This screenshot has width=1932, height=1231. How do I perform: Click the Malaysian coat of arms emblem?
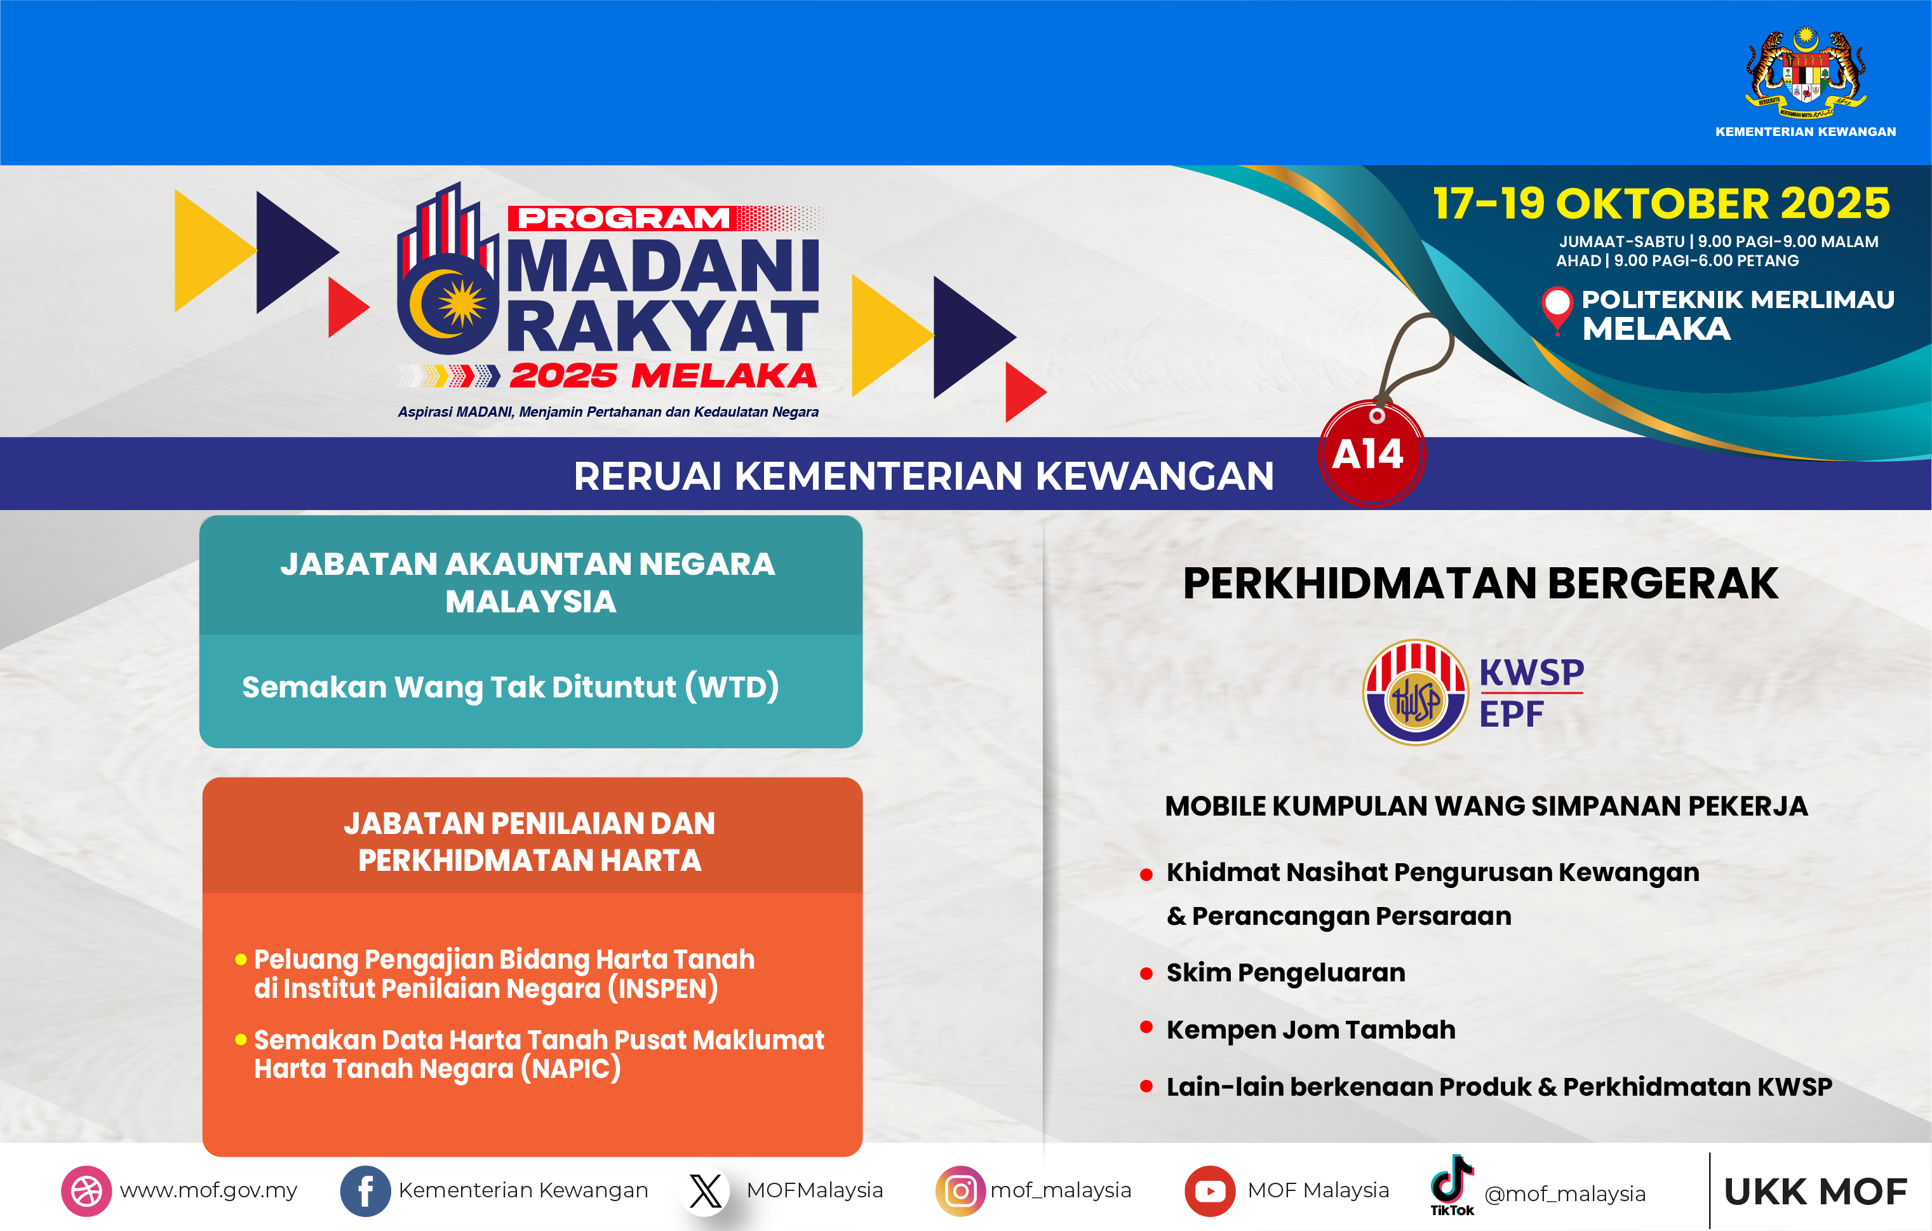[x=1805, y=74]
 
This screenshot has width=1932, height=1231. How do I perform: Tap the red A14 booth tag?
[x=1371, y=454]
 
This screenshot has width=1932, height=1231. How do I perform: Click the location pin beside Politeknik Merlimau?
[x=1557, y=307]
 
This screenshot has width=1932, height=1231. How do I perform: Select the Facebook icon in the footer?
[x=365, y=1190]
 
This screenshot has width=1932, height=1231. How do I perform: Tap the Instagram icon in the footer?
[x=960, y=1190]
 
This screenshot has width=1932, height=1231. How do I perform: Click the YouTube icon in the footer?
[x=1209, y=1190]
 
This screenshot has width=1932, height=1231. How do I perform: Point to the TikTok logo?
[x=1451, y=1183]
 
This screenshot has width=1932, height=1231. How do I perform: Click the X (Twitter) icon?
[x=705, y=1190]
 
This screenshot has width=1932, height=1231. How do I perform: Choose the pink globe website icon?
[x=86, y=1190]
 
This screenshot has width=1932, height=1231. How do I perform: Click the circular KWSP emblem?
[x=1414, y=692]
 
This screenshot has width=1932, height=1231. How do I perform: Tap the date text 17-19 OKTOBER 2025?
[x=1661, y=203]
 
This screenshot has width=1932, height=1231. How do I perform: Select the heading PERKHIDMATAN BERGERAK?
[x=1480, y=583]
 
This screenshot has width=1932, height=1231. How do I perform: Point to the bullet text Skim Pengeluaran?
[x=1285, y=972]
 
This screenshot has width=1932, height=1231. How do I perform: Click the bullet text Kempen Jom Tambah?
[x=1310, y=1030]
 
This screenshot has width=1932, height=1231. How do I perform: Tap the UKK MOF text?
[x=1815, y=1192]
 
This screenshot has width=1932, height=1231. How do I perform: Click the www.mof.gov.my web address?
[x=208, y=1190]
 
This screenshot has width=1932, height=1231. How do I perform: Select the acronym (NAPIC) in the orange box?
[x=570, y=1069]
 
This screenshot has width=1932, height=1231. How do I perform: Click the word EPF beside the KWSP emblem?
[x=1512, y=713]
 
